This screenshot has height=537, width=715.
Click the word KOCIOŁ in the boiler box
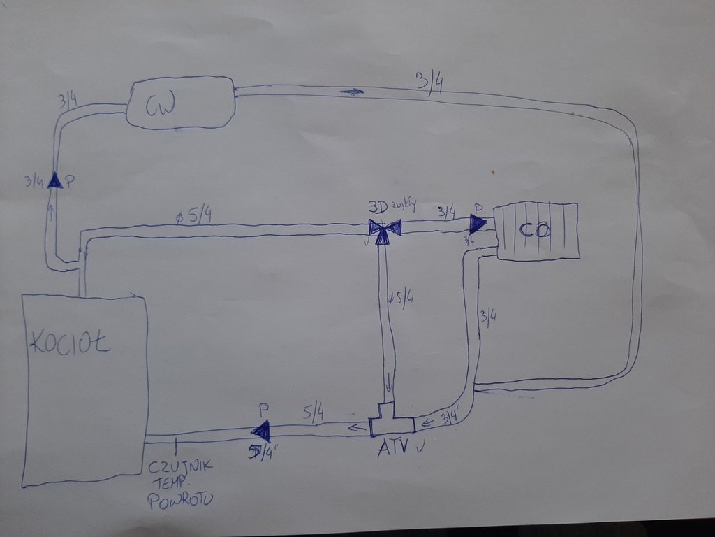pyautogui.click(x=70, y=343)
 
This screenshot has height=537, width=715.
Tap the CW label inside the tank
pyautogui.click(x=160, y=106)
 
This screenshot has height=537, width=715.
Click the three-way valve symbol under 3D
pyautogui.click(x=384, y=230)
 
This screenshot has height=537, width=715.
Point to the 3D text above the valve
pyautogui.click(x=378, y=208)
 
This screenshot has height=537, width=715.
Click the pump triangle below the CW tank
pyautogui.click(x=54, y=181)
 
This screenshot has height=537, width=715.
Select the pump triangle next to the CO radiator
pyautogui.click(x=478, y=223)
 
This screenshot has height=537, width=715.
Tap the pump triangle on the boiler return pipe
pyautogui.click(x=261, y=431)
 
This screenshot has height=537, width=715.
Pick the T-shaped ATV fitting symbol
pyautogui.click(x=391, y=420)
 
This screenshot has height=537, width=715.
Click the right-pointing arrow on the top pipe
pyautogui.click(x=353, y=91)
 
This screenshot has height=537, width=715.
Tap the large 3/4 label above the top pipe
pyautogui.click(x=429, y=82)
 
